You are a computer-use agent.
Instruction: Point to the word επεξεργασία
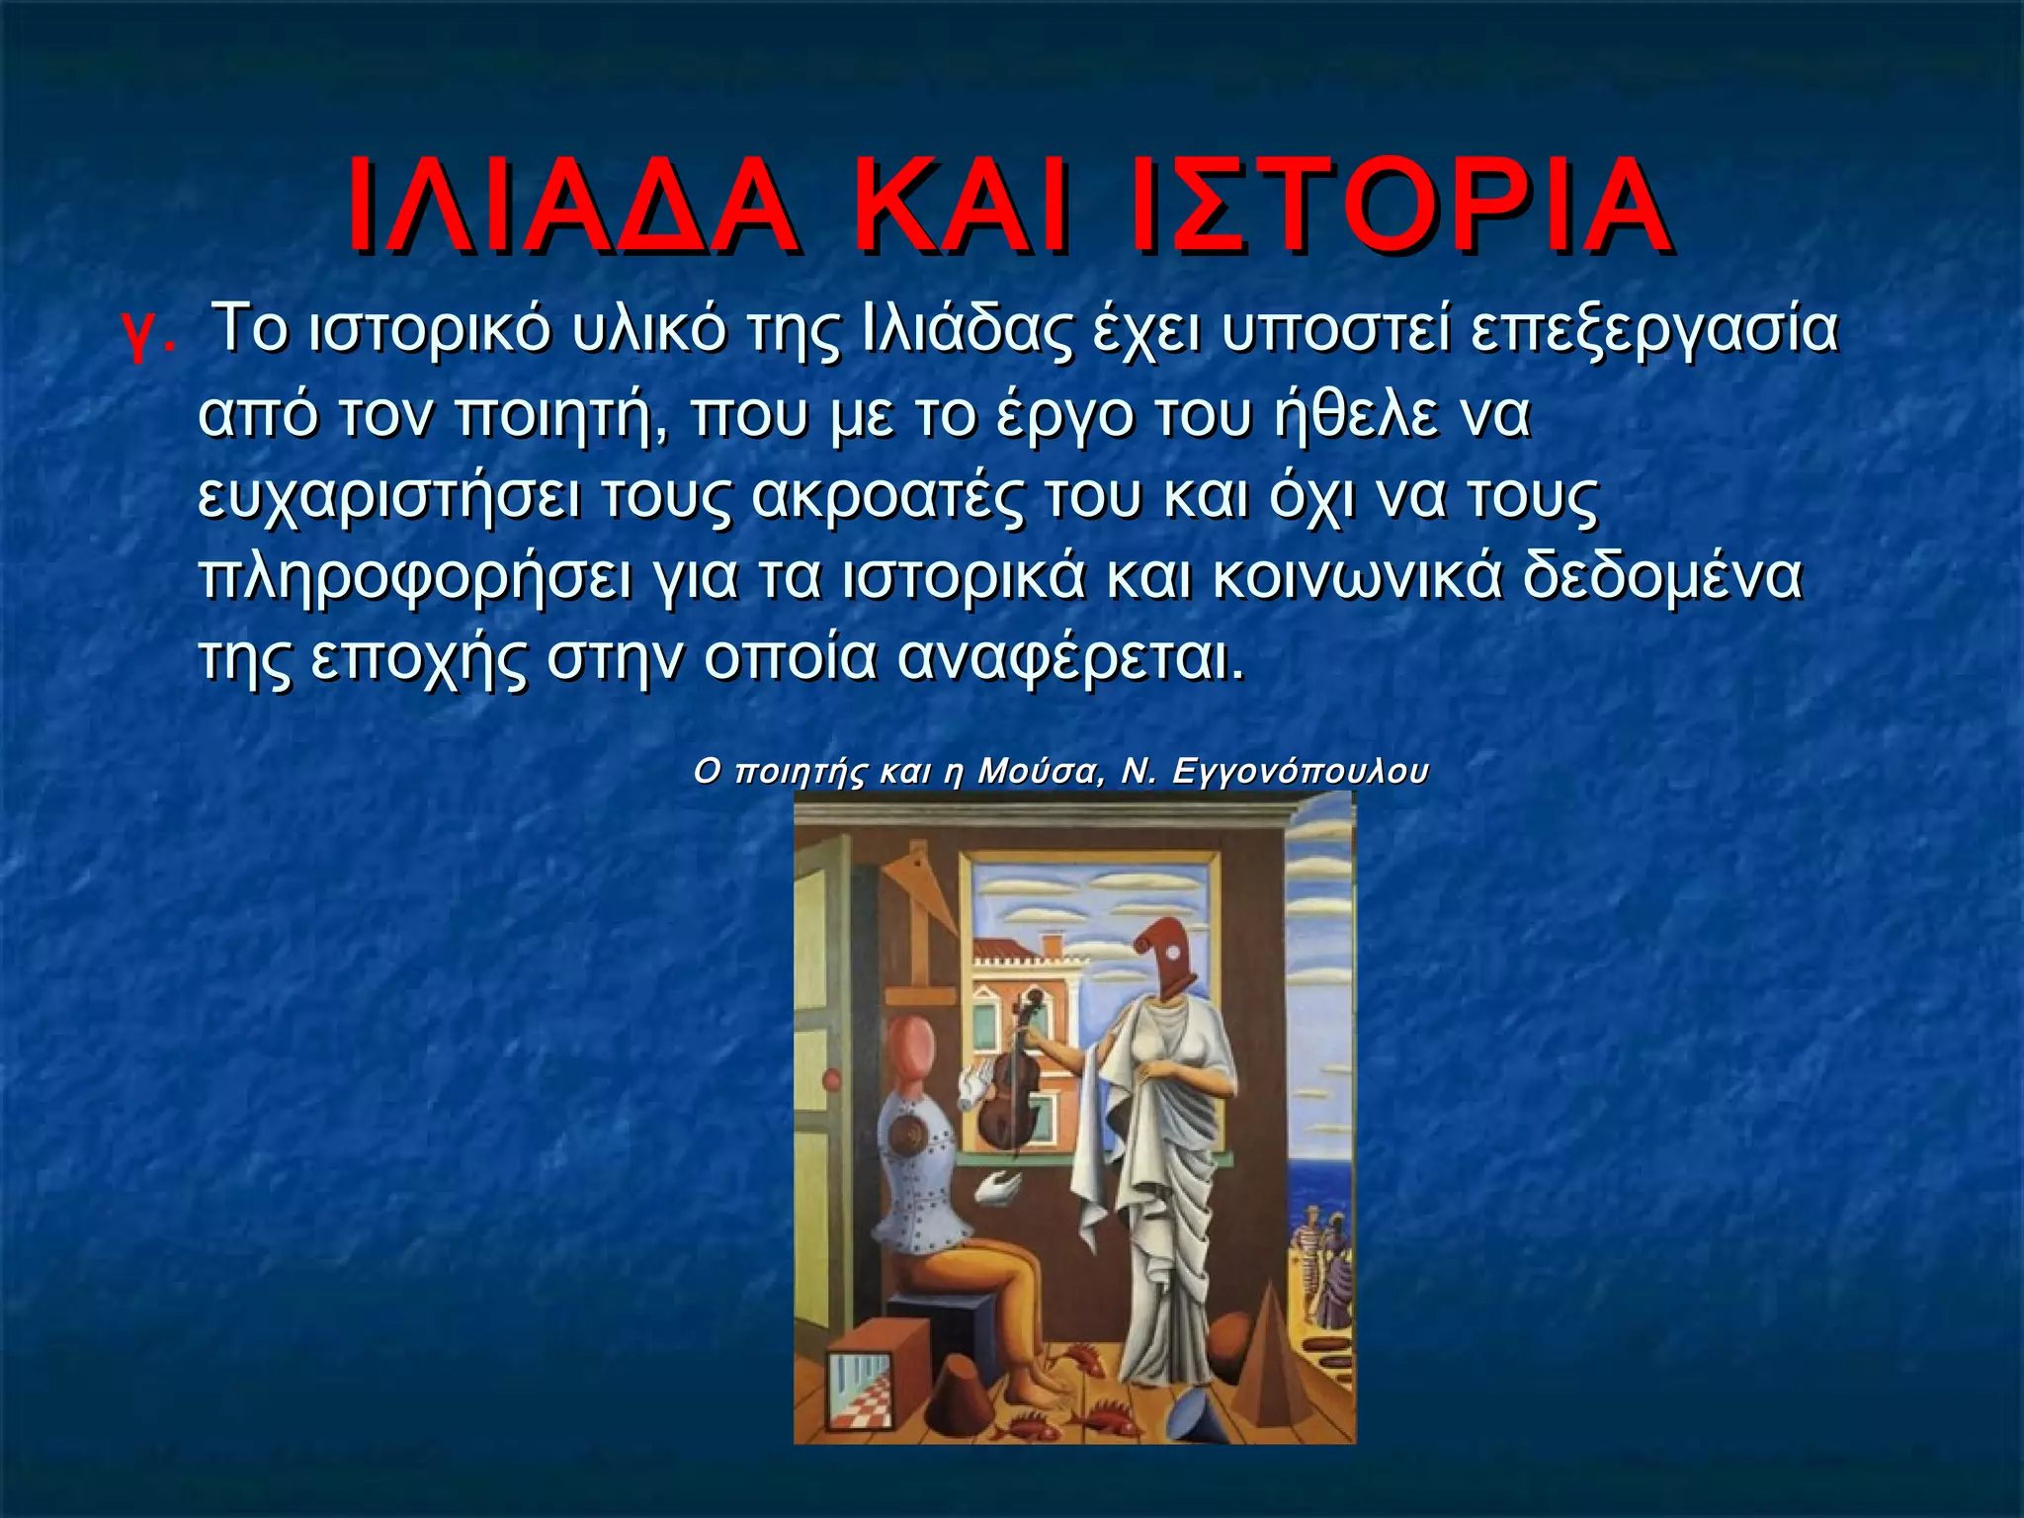coord(1653,333)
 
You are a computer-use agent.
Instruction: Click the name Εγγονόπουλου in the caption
coord(1300,772)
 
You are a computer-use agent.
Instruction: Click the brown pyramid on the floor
coord(1281,1344)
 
